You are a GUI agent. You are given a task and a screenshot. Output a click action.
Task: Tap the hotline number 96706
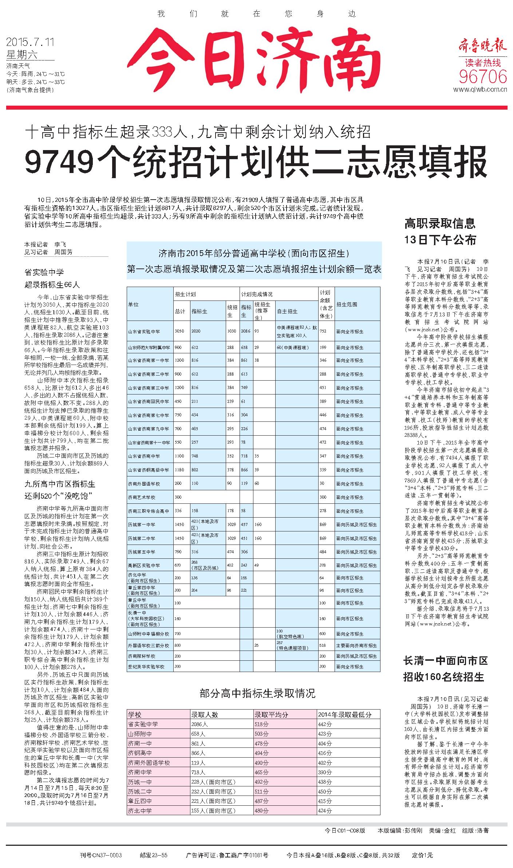coord(483,76)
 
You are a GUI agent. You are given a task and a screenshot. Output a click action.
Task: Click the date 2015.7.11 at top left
coord(30,42)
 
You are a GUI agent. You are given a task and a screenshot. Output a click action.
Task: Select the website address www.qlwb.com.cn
coord(480,90)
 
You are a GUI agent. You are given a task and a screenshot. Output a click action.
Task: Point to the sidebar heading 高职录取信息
coord(440,223)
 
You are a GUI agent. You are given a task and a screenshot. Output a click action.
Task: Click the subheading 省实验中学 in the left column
coord(44,272)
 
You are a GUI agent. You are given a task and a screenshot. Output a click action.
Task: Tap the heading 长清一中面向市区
coord(445,660)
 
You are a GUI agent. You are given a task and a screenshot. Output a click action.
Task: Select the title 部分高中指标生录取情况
coord(257,693)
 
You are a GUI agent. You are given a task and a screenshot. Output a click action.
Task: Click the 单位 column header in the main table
coord(133,304)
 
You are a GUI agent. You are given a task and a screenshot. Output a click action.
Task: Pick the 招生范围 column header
coord(347,304)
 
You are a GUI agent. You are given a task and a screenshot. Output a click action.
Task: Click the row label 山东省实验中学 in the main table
coord(144,331)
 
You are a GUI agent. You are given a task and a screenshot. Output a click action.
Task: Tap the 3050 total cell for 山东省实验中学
coord(179,331)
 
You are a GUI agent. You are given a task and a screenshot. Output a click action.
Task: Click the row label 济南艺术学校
coord(142,497)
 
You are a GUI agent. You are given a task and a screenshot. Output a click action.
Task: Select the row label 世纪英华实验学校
coord(146,667)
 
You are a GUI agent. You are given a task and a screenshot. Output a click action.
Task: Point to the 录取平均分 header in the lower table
coord(271,715)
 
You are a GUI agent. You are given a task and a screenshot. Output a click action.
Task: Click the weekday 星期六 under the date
coord(22,55)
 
